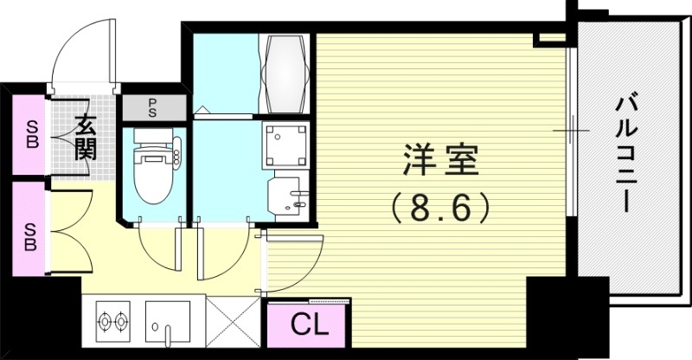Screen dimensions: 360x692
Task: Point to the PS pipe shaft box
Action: (x=151, y=109)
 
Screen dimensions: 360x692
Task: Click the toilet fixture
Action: (x=153, y=164)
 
